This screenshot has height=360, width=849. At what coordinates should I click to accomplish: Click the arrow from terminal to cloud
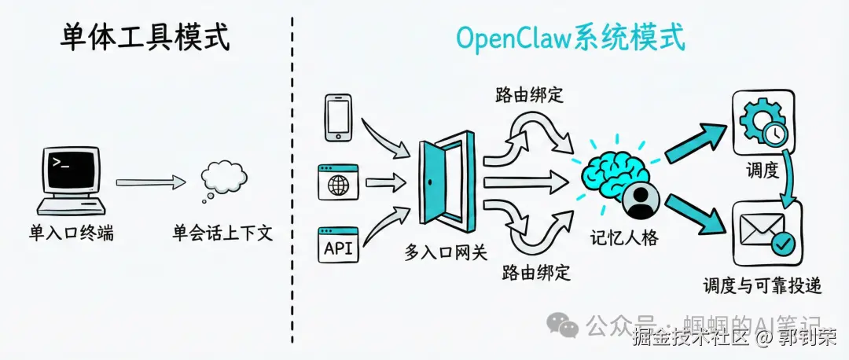pyautogui.click(x=150, y=182)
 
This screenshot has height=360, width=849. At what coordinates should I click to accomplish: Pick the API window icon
pyautogui.click(x=338, y=245)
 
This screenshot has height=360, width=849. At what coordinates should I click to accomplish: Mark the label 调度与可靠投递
pyautogui.click(x=763, y=285)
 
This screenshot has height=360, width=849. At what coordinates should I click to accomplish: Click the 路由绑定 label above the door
pyautogui.click(x=530, y=96)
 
